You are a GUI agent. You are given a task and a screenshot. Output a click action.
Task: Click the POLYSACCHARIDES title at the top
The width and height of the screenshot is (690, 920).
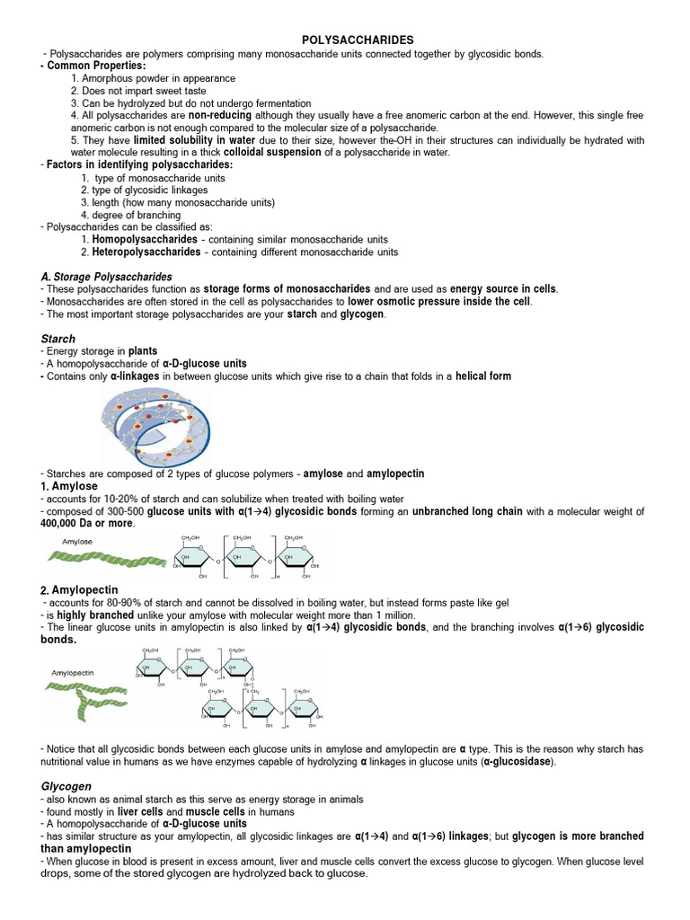[x=357, y=40]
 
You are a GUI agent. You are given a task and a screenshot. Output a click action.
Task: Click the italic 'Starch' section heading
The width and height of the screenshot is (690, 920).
[x=58, y=339]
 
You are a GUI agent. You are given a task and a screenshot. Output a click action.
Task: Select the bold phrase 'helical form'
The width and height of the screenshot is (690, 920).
[x=483, y=376]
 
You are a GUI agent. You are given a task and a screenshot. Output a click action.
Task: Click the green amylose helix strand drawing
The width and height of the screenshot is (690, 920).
[x=106, y=559]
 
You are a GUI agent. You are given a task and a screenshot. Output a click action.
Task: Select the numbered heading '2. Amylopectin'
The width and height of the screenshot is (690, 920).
[x=78, y=589]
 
